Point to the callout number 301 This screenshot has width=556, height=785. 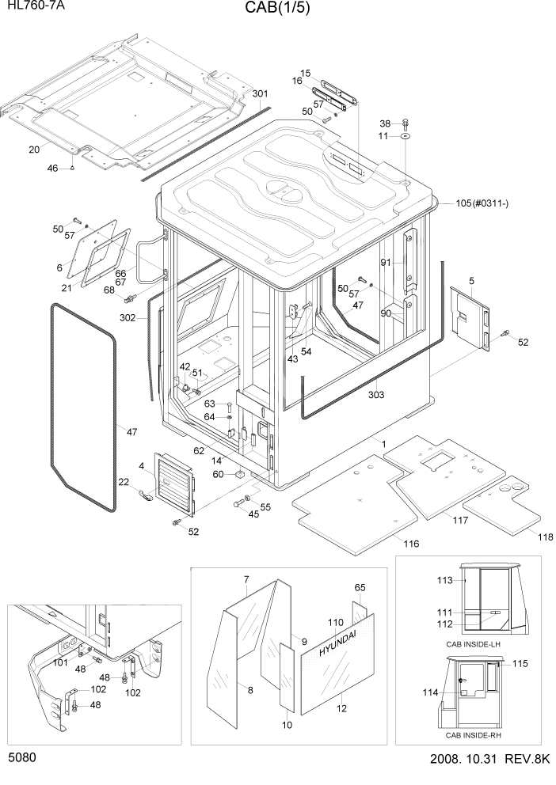[260, 94]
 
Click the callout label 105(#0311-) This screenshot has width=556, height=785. [482, 203]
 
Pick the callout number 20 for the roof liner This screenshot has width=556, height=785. [33, 150]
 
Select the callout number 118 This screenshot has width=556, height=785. [544, 537]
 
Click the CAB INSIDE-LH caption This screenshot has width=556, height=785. [473, 644]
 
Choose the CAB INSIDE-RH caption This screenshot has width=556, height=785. [473, 735]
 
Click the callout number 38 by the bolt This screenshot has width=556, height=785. [385, 123]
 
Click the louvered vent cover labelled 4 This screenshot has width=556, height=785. [173, 484]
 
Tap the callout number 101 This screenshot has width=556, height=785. [59, 662]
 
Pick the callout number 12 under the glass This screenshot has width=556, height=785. [342, 709]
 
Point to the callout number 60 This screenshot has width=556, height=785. [218, 474]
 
